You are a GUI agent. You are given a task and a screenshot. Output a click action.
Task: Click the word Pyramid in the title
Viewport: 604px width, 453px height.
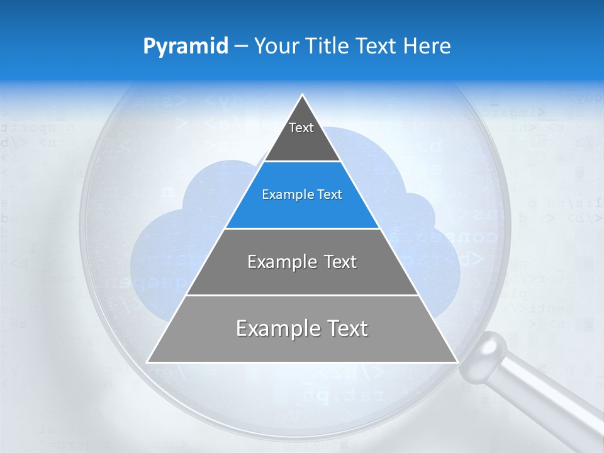coord(186,47)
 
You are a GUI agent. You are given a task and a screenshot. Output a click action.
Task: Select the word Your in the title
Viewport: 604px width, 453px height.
coord(275,46)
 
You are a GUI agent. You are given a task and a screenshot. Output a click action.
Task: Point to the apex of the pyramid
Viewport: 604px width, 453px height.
coord(303,96)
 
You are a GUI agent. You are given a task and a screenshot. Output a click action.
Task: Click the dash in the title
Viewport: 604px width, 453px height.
coord(241,47)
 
